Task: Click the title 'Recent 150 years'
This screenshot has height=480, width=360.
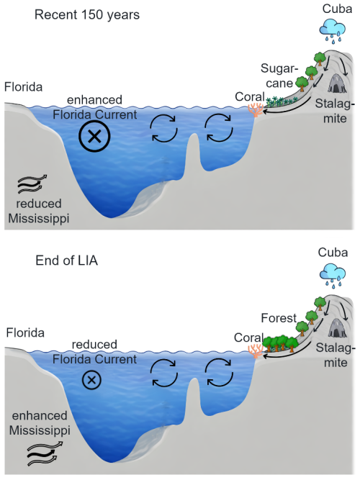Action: [87, 15]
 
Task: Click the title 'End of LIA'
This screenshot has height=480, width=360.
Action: [66, 261]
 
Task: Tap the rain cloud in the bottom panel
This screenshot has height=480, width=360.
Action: [333, 275]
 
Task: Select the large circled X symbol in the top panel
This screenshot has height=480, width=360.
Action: [94, 136]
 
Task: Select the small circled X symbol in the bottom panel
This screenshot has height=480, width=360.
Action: [91, 380]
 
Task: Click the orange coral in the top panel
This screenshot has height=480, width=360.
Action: [256, 110]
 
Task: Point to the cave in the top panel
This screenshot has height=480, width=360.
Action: [337, 83]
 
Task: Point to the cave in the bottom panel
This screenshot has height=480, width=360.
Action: [338, 327]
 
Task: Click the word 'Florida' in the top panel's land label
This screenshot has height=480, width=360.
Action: [23, 87]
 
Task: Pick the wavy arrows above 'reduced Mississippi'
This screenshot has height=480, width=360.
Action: [32, 185]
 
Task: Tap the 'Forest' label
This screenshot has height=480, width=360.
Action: [279, 318]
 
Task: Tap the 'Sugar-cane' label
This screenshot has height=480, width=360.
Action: [279, 76]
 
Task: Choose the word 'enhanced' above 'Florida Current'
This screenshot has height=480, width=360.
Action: [94, 100]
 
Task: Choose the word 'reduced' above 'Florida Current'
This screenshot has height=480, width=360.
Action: [94, 345]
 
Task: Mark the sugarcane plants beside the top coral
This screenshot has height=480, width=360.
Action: [282, 101]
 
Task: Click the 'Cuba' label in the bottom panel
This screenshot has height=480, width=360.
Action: [333, 253]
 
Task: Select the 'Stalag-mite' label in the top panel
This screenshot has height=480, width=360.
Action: [335, 111]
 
